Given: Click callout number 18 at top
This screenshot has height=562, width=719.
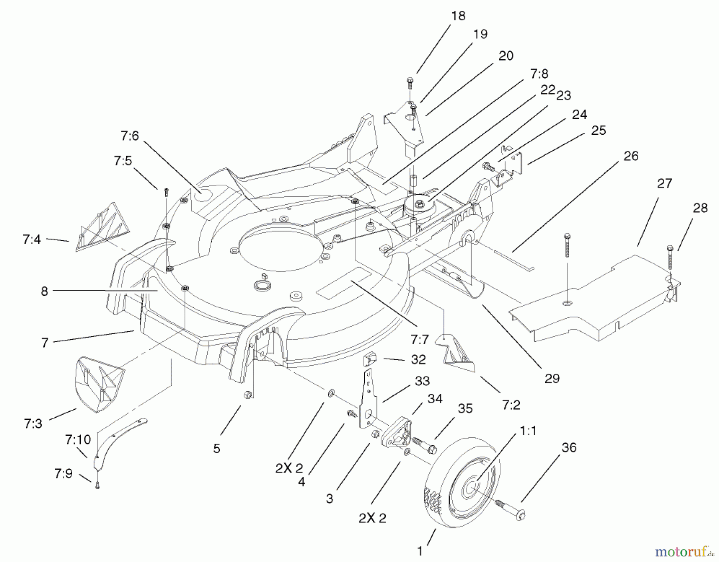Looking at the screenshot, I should [x=458, y=16].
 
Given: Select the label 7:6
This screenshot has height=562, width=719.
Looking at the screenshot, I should [x=129, y=136].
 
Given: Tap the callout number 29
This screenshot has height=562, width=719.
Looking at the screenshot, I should [x=552, y=378].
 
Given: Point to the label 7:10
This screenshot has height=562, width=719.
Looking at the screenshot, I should [x=78, y=440].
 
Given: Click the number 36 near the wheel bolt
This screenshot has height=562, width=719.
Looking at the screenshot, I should [x=569, y=447].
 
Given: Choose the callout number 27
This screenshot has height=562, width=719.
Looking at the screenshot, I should [x=664, y=183].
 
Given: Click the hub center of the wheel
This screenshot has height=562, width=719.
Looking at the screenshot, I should [x=471, y=488].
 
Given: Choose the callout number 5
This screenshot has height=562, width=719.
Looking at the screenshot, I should [x=216, y=448].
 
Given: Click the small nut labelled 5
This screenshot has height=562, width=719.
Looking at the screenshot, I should [x=247, y=395].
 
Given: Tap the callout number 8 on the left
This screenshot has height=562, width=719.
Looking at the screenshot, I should [x=44, y=291].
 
